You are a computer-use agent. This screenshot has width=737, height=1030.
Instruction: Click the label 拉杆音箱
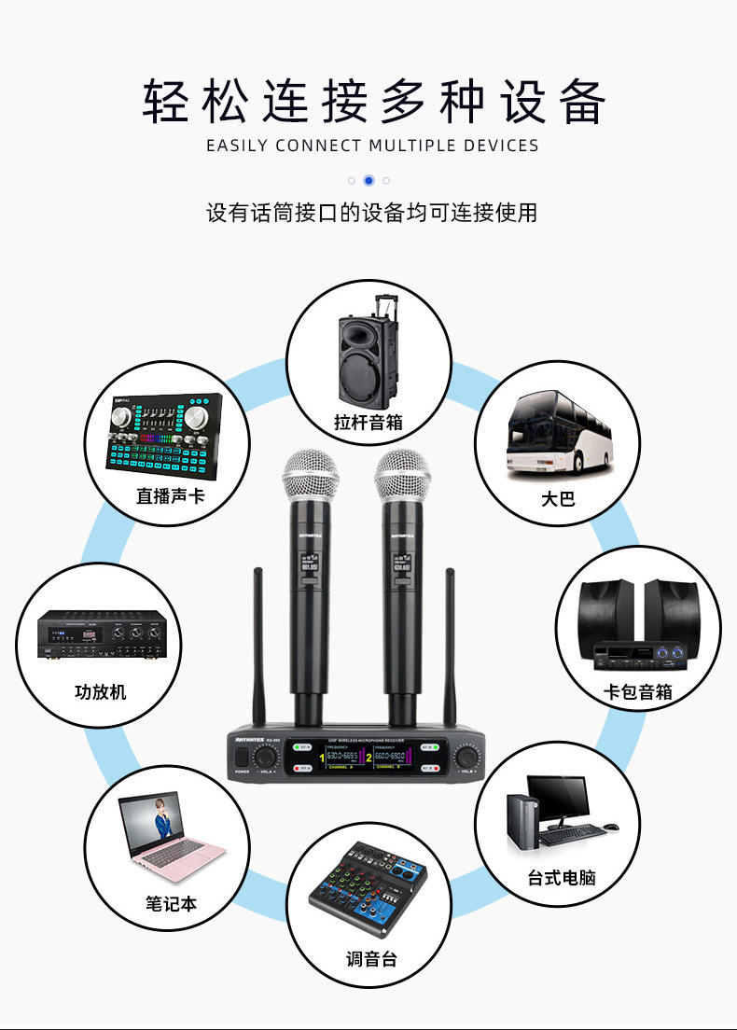[368, 422]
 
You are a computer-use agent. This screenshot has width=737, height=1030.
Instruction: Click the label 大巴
[559, 499]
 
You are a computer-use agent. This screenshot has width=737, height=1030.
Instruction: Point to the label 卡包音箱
[638, 691]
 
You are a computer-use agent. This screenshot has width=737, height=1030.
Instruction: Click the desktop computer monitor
[558, 800]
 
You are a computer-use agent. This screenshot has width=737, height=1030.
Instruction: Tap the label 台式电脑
[561, 878]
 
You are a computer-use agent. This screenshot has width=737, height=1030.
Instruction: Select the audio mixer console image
[368, 890]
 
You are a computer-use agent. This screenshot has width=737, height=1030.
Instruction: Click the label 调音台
[371, 958]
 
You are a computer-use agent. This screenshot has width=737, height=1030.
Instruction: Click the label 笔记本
[172, 903]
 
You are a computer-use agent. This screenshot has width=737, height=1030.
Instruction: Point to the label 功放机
[101, 692]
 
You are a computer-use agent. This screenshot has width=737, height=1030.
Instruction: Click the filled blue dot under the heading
[368, 180]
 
